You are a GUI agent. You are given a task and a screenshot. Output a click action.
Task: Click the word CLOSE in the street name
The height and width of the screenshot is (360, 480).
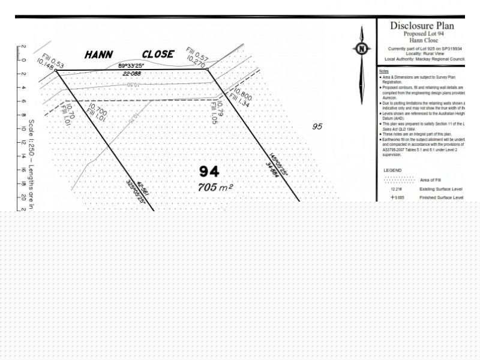[x=158, y=54]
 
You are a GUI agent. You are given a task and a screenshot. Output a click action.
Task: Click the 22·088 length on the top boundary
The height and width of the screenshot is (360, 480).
[x=133, y=74]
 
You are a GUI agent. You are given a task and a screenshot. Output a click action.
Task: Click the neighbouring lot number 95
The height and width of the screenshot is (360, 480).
[x=317, y=127]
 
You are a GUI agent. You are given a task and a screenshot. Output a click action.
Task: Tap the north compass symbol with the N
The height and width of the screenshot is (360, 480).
[x=361, y=49]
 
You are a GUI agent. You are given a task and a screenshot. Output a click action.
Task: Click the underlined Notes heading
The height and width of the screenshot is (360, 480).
[x=384, y=71]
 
